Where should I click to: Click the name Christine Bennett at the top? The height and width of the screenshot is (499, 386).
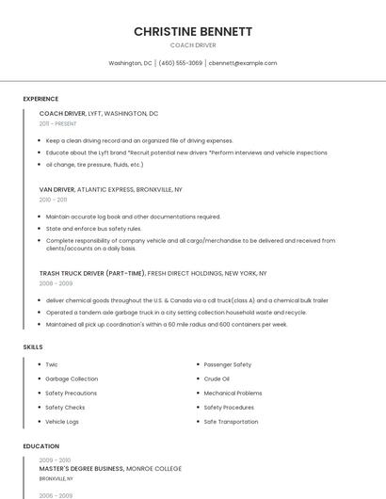(x=193, y=31)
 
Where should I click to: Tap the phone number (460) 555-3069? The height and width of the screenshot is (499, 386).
(x=181, y=63)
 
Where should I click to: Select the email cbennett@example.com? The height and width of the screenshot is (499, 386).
(x=243, y=63)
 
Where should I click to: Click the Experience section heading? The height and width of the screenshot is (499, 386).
(x=40, y=99)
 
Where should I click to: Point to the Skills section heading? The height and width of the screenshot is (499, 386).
(x=33, y=347)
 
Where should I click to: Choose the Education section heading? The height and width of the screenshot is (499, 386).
(x=40, y=446)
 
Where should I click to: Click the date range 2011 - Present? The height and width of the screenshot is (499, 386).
(x=57, y=123)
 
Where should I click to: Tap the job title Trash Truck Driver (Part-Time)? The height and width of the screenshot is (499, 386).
(x=92, y=273)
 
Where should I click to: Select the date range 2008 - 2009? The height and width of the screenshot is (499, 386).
(x=56, y=283)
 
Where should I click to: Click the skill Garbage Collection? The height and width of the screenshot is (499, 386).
(x=72, y=378)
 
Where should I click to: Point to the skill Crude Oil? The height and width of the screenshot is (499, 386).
(x=217, y=378)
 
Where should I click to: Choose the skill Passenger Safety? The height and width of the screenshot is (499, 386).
(x=228, y=364)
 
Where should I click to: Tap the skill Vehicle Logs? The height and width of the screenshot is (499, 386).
(x=62, y=422)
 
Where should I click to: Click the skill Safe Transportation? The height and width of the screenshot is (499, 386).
(x=231, y=422)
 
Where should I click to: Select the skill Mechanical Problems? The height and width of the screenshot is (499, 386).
(x=233, y=393)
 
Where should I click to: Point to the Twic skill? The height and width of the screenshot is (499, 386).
(x=52, y=364)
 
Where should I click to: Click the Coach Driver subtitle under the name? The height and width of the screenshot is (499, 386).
(x=193, y=45)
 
